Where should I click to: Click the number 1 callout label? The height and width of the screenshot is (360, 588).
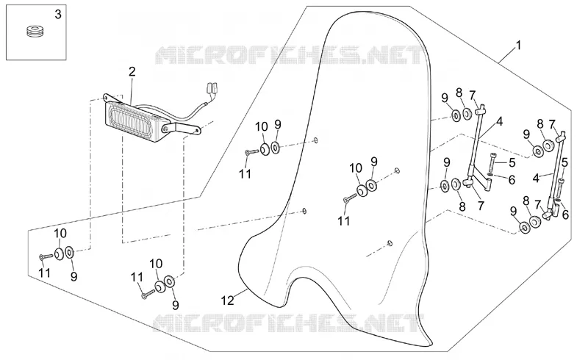coord(519,46)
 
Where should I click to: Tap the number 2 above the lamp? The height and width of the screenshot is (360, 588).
coord(132,71)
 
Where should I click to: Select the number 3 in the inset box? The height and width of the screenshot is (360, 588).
coord(58,15)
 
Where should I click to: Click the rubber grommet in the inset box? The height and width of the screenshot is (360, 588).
coord(35,31)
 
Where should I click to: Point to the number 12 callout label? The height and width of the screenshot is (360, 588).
coord(228,300)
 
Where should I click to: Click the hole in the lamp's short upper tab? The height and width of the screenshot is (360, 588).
coord(105,98)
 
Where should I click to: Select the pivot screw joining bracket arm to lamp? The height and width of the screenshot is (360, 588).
coord(165,129)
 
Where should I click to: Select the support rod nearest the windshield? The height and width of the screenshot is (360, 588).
coord(474,140)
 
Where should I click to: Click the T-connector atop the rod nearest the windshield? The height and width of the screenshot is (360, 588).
coord(481,109)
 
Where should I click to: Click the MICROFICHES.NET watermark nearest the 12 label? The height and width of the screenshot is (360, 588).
coord(289,323)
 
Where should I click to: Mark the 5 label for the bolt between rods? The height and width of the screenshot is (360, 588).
coord(512,163)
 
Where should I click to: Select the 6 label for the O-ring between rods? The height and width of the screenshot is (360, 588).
coord(512,181)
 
